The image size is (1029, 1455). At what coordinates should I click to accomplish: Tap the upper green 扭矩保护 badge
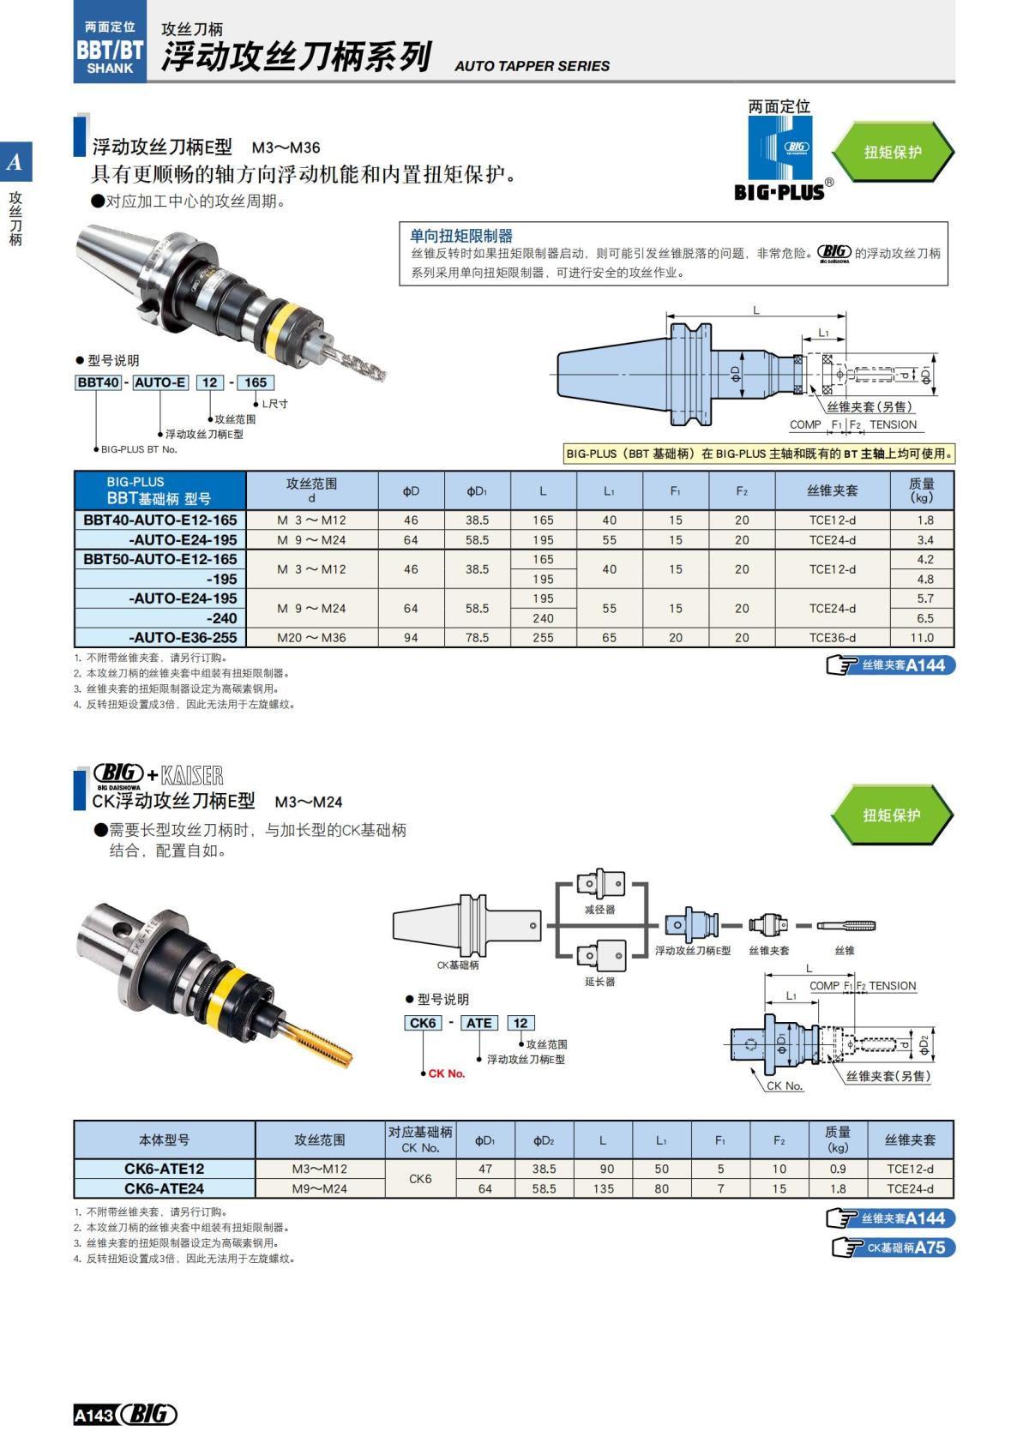[892, 152]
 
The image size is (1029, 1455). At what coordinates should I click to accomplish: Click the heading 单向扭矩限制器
[461, 236]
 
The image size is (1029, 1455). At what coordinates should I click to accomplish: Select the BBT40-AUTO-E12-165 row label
[160, 520]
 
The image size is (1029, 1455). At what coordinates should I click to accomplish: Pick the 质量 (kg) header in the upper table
[922, 490]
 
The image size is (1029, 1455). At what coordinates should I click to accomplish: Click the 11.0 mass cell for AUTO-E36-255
[922, 638]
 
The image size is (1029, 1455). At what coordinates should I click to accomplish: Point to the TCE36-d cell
[832, 638]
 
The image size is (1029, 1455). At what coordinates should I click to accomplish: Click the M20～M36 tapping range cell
[311, 638]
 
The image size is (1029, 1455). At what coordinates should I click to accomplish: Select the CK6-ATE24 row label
[164, 1188]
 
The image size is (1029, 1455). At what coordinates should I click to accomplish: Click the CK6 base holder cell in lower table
[420, 1179]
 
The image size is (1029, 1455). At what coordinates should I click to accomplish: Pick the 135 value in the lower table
[603, 1189]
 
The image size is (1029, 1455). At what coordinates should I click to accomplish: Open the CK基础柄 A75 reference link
[894, 1248]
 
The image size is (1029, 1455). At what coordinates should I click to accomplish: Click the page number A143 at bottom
[93, 1416]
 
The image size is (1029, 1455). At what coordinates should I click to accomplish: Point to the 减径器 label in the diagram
[599, 910]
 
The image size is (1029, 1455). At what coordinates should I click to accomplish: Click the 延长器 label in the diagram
[599, 982]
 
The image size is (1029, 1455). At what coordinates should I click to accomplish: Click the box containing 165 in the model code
[256, 382]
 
